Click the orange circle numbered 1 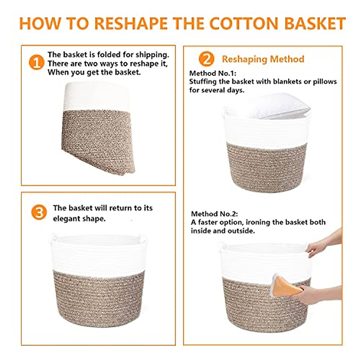pyautogui.click(x=36, y=62)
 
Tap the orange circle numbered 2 pyautogui.click(x=206, y=59)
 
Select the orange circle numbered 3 pyautogui.click(x=39, y=212)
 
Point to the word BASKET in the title pyautogui.click(x=315, y=24)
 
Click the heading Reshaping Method pyautogui.click(x=263, y=59)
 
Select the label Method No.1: pyautogui.click(x=213, y=73)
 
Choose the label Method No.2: pyautogui.click(x=214, y=214)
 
